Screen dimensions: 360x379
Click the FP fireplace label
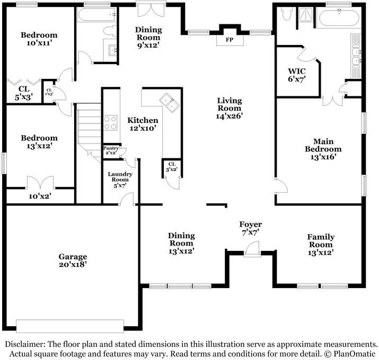coord(230,40)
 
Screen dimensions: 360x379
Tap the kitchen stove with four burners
coord(110,123)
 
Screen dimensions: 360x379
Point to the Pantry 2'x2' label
coord(111,150)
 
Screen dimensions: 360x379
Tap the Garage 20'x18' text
coord(73,260)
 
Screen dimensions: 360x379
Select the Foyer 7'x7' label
coord(250,228)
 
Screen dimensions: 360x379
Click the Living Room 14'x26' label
coord(230,108)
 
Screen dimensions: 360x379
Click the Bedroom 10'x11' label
coord(39,39)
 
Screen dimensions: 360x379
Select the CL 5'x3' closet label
coord(24,93)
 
